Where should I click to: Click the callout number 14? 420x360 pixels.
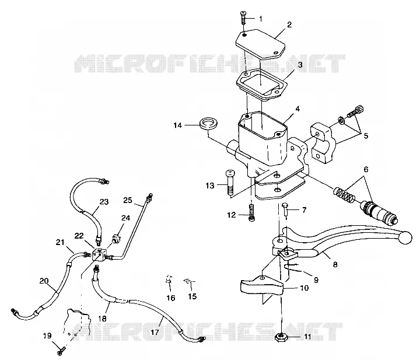177,125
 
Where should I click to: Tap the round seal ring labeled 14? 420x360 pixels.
208,123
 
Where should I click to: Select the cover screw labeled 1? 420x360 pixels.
243,18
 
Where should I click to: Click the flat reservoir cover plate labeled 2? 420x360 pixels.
260,44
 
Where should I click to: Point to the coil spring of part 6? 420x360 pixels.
345,195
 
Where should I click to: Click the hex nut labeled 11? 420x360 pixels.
282,337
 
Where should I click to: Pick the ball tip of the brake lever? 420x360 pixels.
405,238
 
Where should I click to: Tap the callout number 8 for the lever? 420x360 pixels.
335,264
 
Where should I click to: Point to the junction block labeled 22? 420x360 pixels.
99,254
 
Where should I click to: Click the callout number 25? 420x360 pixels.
128,200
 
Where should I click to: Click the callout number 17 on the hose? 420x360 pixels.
155,332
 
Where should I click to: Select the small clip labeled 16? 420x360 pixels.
169,279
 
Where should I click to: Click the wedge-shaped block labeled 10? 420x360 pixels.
261,287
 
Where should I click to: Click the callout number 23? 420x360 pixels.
104,201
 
